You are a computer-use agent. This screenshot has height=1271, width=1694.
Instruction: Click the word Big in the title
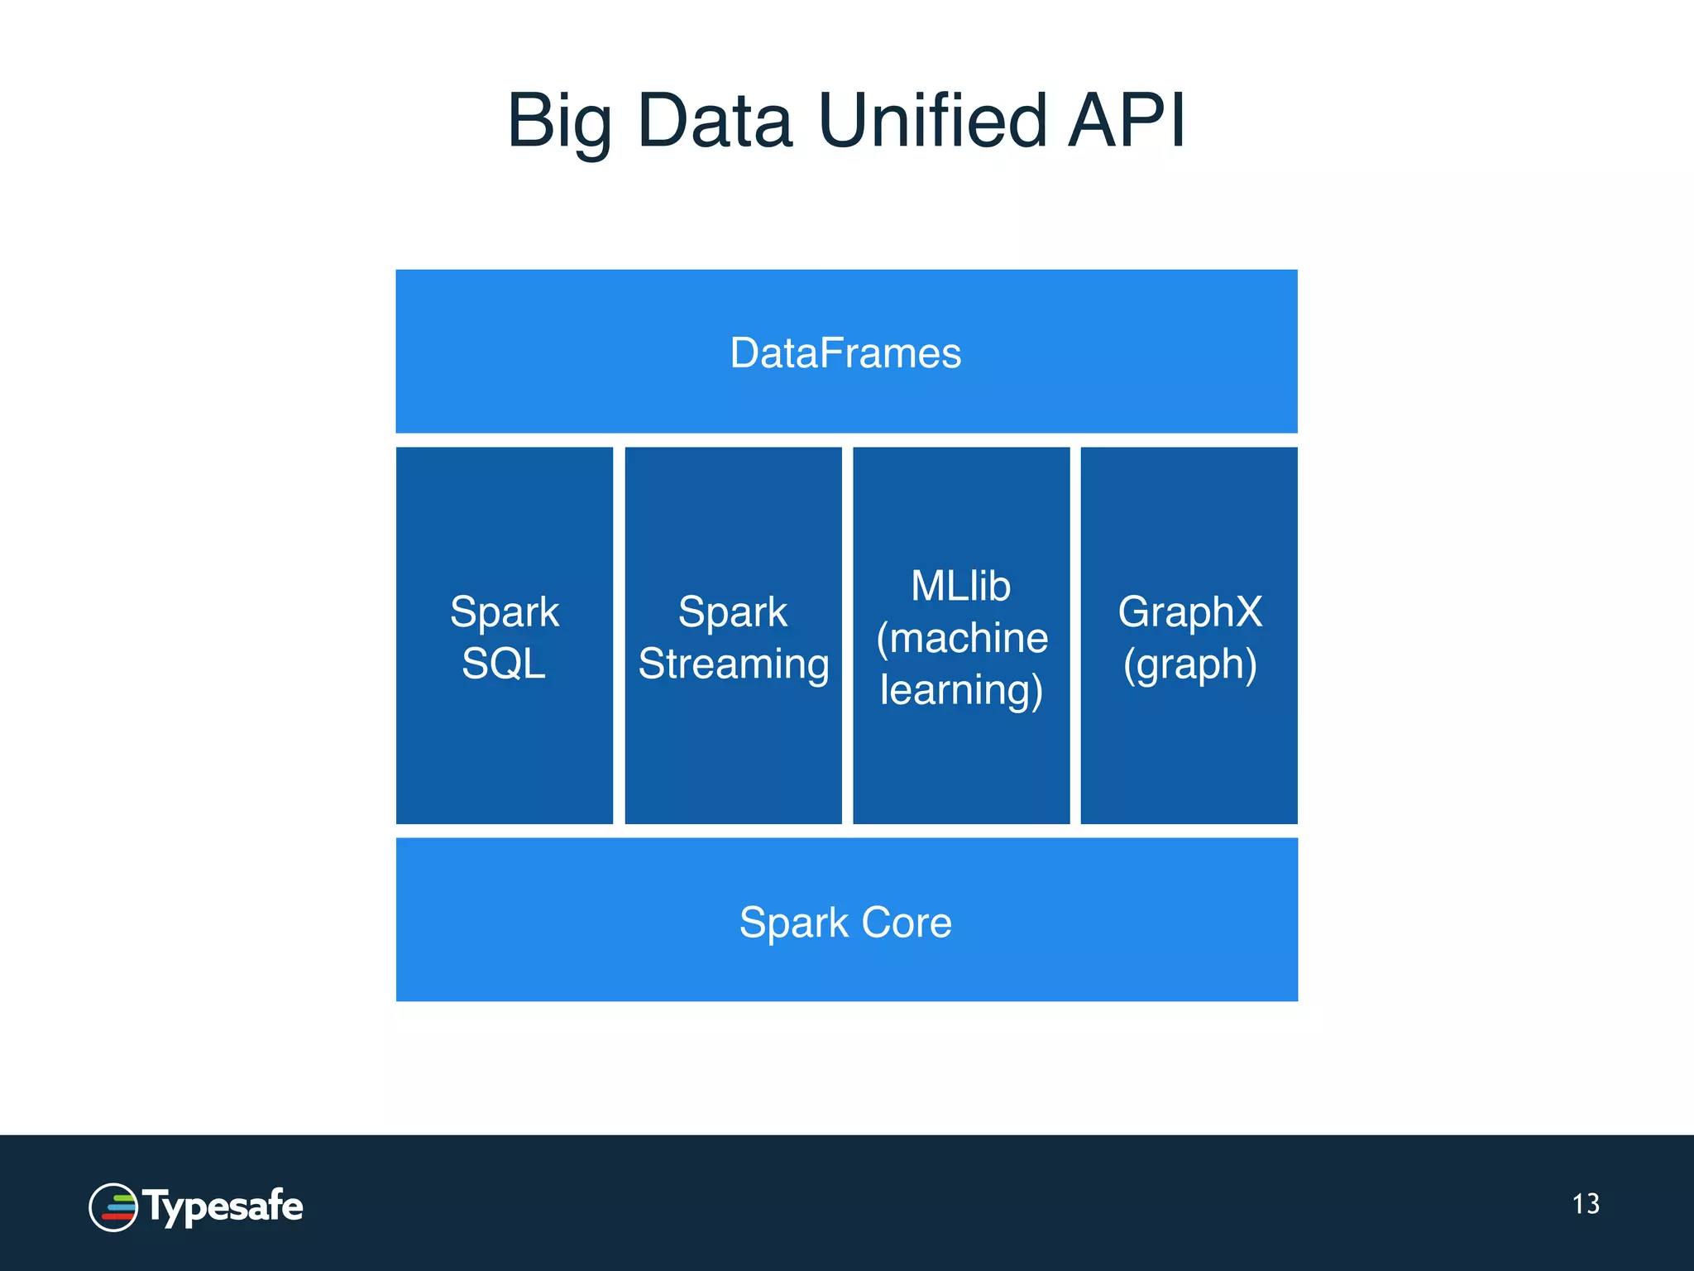coord(561,122)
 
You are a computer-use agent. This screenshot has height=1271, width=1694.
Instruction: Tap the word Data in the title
coord(715,122)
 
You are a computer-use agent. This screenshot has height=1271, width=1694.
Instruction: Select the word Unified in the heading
coord(933,122)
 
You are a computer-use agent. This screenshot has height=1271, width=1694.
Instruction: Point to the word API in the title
coord(1127,122)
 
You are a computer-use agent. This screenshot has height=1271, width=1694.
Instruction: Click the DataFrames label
coord(845,353)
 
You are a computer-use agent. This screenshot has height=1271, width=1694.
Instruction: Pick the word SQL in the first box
coord(504,664)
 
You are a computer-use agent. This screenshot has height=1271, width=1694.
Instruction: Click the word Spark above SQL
coord(505,613)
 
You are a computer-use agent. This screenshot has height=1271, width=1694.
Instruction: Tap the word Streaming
coord(734,664)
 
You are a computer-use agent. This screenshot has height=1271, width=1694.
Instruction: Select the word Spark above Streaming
coord(733,613)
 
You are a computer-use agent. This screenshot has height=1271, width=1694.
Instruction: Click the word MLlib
coord(961,587)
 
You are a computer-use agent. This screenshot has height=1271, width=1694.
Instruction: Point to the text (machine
coord(962,638)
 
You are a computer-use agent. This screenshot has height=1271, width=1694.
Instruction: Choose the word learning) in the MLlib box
coord(961,690)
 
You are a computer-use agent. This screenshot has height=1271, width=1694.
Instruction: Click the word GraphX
coord(1190,613)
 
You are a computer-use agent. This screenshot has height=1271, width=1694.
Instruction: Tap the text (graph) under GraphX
coord(1190,664)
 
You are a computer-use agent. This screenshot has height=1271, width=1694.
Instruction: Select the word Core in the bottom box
coord(907,923)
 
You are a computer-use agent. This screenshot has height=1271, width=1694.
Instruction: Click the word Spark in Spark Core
coord(794,923)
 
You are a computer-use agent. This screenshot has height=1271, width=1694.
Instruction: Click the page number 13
coord(1586,1204)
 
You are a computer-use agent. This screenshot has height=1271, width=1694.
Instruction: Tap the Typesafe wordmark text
coord(223,1207)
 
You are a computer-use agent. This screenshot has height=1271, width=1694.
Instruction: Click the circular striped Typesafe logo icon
coord(113,1207)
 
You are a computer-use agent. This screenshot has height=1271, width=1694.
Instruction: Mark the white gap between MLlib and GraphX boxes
coord(1075,635)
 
